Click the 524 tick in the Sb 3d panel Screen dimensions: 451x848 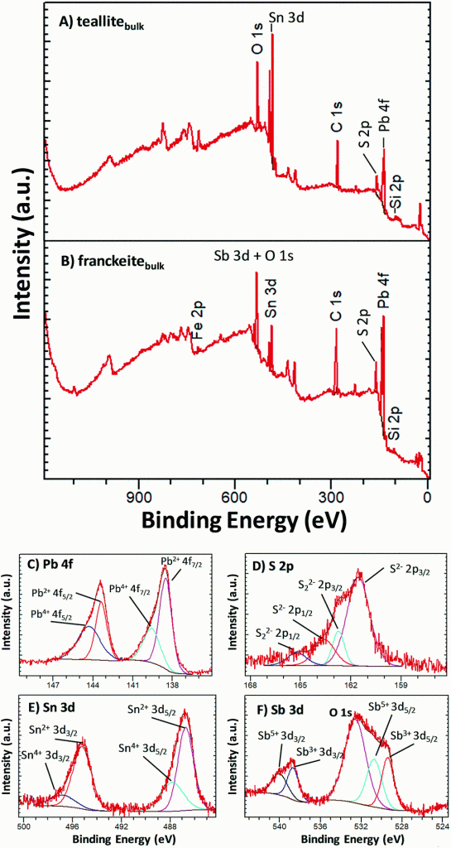[x=443, y=827]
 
